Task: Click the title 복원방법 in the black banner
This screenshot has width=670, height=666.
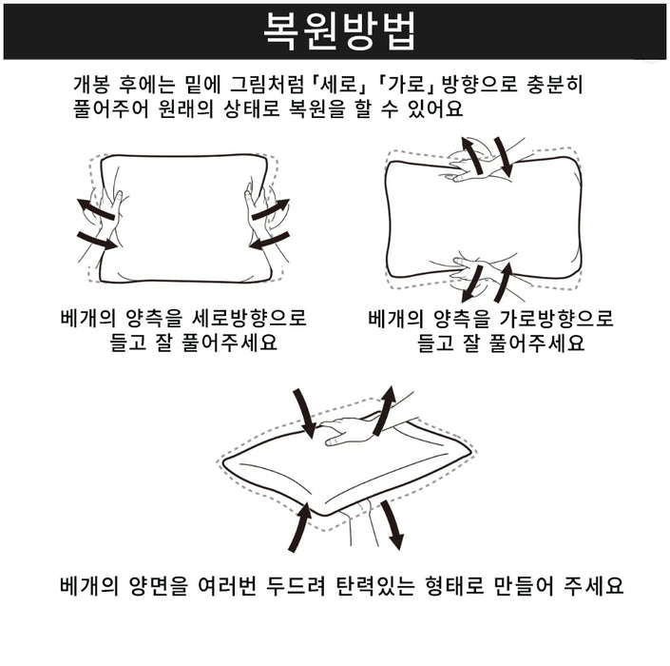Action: [x=339, y=30]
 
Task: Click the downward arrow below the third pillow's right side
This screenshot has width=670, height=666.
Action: [x=390, y=523]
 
